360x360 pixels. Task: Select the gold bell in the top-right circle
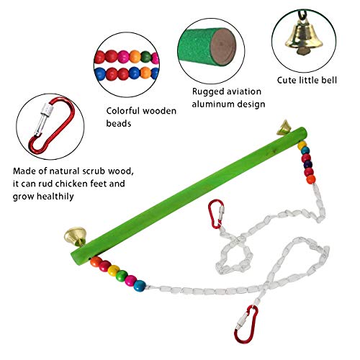point(304,38)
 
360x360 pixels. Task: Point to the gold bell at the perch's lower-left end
point(76,236)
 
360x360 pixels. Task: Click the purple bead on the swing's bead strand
point(308,165)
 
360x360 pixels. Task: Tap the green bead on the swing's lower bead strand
point(122,276)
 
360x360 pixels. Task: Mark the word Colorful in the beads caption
point(123,111)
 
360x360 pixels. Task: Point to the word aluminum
point(212,104)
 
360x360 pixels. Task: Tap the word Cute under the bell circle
point(286,80)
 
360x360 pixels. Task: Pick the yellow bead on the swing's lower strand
point(113,271)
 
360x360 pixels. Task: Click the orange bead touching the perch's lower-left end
point(96,261)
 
